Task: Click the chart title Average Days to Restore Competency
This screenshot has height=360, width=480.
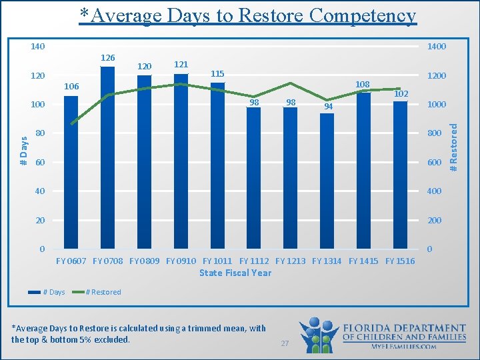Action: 247,15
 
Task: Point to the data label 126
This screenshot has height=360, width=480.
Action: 107,58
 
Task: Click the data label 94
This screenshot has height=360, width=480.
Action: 327,107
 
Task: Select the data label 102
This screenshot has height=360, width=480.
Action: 401,94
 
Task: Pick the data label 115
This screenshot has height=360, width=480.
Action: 218,73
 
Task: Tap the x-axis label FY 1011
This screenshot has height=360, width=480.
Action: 217,261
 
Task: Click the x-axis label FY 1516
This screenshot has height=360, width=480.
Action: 400,261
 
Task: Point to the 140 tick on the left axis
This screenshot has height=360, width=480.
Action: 38,47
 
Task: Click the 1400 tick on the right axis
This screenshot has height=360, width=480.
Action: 437,47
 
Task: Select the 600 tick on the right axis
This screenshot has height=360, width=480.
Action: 434,163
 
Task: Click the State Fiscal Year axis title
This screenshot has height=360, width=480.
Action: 235,273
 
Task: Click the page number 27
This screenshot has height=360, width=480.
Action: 285,343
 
